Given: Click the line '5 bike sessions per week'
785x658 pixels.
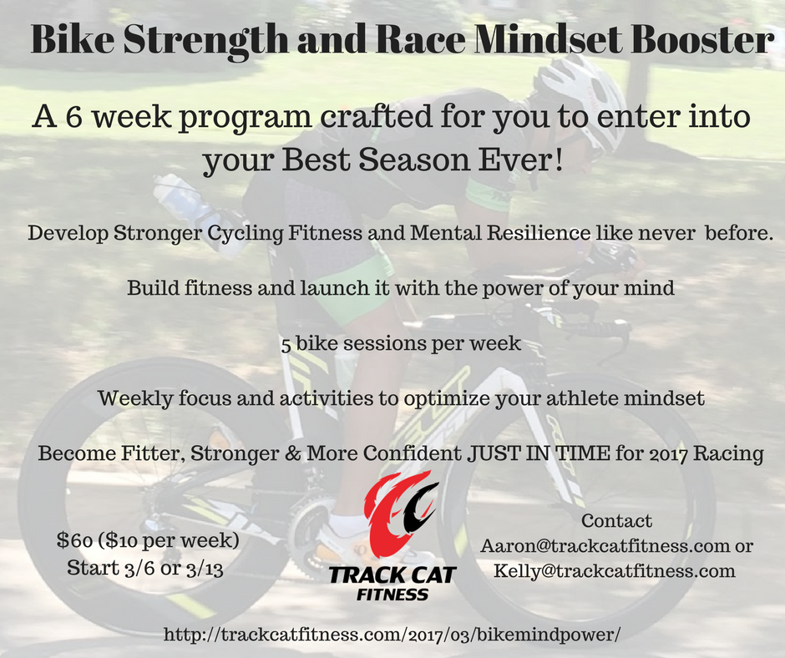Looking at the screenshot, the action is pos(401,344).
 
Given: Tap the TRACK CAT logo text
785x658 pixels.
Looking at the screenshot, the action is pos(392,575).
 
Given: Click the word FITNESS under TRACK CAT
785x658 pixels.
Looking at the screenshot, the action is pos(392,595).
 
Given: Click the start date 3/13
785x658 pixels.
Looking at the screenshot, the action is pos(205,569).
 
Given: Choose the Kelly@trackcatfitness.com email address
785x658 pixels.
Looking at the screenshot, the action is pos(615,571).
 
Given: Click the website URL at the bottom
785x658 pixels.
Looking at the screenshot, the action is pos(392,635).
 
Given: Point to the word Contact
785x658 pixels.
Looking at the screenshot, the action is pos(617,521).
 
